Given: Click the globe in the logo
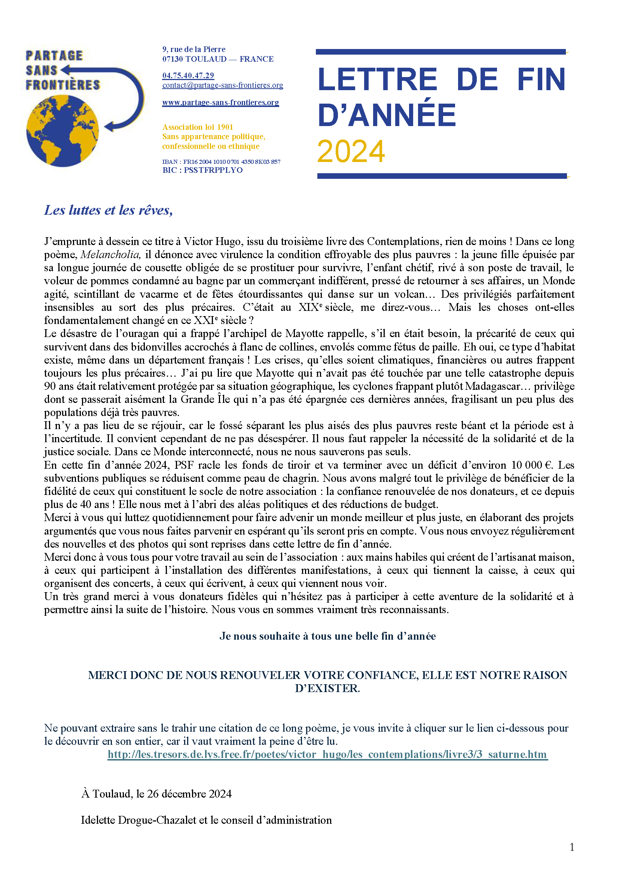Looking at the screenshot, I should point(62,131).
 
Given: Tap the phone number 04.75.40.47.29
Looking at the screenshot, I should point(188,76).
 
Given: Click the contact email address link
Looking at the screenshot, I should point(223,85).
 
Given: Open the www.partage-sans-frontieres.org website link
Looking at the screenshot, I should point(220,103).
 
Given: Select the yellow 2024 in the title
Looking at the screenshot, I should point(351,151).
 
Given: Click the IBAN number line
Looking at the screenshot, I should point(221,162).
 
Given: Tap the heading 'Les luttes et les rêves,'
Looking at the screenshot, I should point(109,210).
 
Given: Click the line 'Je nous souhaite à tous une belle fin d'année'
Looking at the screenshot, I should point(327,636).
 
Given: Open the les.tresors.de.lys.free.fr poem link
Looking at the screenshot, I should point(327,754).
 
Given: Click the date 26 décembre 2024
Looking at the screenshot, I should point(189,793).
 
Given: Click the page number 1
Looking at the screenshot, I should point(572,847).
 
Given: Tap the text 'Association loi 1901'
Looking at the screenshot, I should point(198,127).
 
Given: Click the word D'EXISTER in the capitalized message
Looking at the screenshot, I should point(327,688).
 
